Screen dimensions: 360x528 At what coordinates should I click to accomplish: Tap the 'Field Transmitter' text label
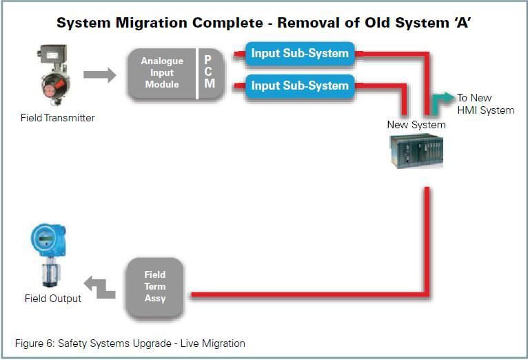click(x=58, y=118)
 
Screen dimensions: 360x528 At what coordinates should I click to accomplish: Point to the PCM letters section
click(x=210, y=73)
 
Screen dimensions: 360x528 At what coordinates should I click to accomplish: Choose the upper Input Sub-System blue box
click(x=299, y=53)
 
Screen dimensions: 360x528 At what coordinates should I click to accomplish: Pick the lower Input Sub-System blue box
click(x=299, y=86)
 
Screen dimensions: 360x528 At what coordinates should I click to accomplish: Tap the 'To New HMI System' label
click(x=485, y=104)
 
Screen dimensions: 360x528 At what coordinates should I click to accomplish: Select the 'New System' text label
click(x=416, y=125)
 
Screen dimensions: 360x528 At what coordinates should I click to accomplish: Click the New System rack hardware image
click(x=415, y=151)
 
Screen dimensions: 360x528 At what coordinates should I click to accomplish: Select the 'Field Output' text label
click(x=53, y=299)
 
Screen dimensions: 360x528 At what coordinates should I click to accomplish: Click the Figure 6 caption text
click(x=130, y=343)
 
